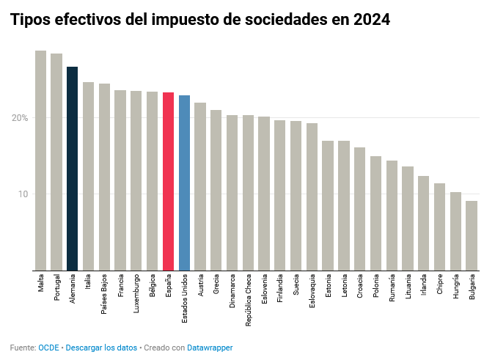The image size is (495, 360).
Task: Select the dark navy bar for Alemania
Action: (x=72, y=169)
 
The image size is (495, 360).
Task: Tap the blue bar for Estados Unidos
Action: (x=184, y=183)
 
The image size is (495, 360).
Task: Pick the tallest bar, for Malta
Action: (x=40, y=161)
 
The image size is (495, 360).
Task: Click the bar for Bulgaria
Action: (x=472, y=235)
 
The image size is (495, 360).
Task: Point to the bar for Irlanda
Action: (x=423, y=223)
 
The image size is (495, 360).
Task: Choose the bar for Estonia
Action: (x=328, y=205)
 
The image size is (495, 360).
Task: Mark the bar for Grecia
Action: (x=216, y=190)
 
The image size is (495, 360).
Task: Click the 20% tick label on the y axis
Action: (x=20, y=118)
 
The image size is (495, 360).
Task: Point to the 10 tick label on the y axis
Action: (x=23, y=194)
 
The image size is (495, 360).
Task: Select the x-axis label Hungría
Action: (x=456, y=288)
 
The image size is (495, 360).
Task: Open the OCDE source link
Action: (x=48, y=348)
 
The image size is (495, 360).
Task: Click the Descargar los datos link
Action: (x=101, y=348)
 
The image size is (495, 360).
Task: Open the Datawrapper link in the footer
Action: (x=210, y=348)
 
